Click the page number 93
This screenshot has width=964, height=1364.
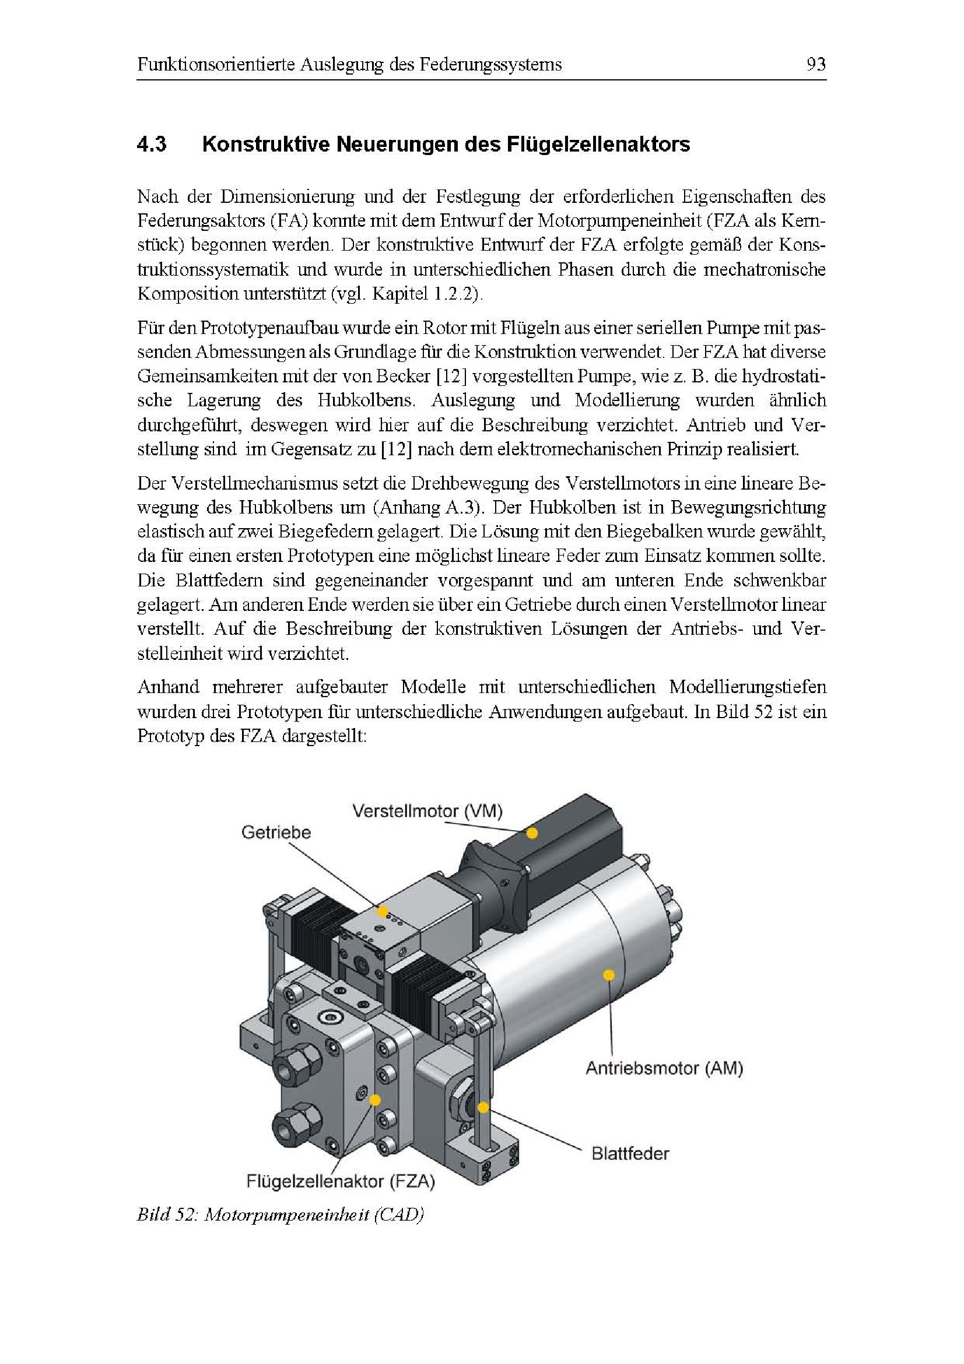pos(815,64)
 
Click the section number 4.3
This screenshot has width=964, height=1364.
pos(152,145)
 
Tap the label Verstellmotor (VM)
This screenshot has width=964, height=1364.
pos(427,811)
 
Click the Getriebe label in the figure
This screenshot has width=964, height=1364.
pos(276,832)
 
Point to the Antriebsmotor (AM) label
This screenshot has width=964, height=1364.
pos(664,1068)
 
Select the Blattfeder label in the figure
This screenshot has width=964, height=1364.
pos(630,1154)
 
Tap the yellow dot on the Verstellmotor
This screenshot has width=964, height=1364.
pos(532,833)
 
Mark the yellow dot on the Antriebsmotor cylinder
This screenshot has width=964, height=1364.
pos(608,975)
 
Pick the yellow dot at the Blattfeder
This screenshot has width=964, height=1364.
pos(483,1108)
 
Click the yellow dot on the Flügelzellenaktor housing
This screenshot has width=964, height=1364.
pos(374,1100)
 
